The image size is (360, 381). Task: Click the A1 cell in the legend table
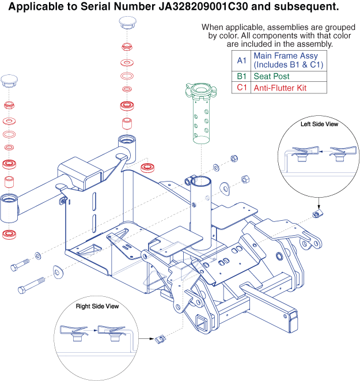click(x=241, y=60)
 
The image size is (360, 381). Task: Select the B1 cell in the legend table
click(x=241, y=76)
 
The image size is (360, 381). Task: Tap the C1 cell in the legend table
click(x=241, y=88)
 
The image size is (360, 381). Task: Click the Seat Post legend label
click(x=271, y=76)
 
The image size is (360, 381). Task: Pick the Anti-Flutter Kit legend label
click(x=281, y=88)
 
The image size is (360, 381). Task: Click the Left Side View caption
click(x=319, y=124)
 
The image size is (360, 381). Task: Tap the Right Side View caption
click(x=97, y=306)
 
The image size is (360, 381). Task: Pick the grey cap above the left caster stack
click(x=10, y=80)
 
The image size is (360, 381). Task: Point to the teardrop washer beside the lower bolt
click(x=58, y=271)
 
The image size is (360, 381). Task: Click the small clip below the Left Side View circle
click(x=316, y=214)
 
